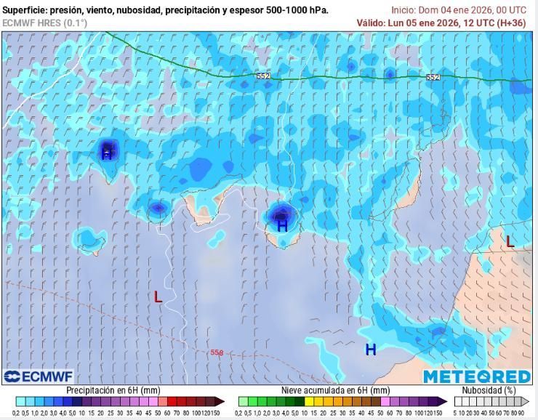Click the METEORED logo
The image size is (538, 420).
tap(477, 376)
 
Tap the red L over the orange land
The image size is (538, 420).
tap(510, 242)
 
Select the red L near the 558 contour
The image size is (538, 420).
tap(158, 296)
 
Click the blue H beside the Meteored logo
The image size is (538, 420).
tap(371, 350)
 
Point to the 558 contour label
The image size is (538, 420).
tap(217, 352)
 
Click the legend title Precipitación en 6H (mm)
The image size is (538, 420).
tap(113, 390)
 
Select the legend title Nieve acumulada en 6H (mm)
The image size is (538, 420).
tap(335, 390)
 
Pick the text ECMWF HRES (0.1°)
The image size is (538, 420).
tap(44, 23)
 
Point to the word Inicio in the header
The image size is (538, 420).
tap(403, 10)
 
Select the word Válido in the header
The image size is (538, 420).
tap(370, 23)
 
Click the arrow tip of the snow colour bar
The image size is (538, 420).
tap(444, 401)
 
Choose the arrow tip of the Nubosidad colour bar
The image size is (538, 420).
tap(528, 401)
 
